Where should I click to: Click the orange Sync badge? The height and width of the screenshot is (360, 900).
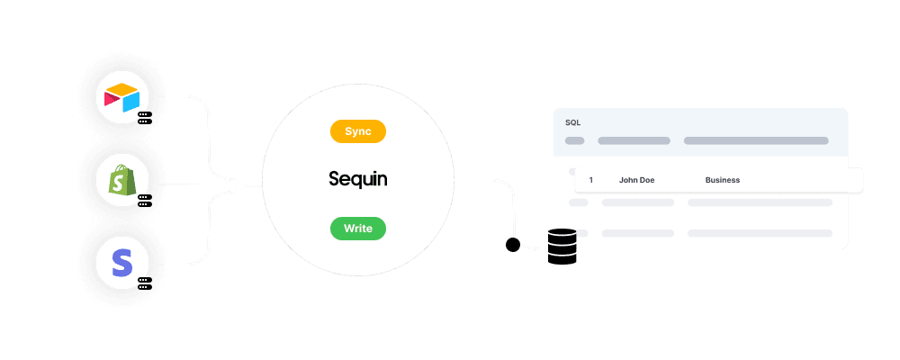pyautogui.click(x=358, y=131)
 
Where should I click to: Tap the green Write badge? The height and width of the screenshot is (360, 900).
pyautogui.click(x=358, y=229)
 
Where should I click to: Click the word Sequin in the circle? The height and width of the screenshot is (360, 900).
pyautogui.click(x=358, y=180)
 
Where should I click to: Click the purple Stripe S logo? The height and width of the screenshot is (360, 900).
pyautogui.click(x=121, y=264)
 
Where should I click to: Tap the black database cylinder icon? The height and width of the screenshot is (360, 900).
pyautogui.click(x=562, y=247)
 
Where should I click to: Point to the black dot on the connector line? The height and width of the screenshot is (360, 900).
pyautogui.click(x=513, y=245)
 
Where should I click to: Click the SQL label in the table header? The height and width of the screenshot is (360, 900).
pyautogui.click(x=572, y=121)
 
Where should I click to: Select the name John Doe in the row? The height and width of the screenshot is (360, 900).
pyautogui.click(x=636, y=180)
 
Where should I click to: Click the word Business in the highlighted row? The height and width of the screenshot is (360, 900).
pyautogui.click(x=722, y=180)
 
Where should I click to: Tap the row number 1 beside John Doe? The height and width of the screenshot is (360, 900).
pyautogui.click(x=590, y=180)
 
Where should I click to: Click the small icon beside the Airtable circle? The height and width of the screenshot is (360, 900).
pyautogui.click(x=142, y=118)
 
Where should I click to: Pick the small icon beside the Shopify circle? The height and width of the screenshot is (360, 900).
pyautogui.click(x=142, y=201)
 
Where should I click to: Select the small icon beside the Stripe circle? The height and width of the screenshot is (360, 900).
pyautogui.click(x=142, y=283)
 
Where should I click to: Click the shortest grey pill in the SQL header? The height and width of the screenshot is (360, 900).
pyautogui.click(x=574, y=141)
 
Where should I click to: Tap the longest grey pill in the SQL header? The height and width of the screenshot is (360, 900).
pyautogui.click(x=756, y=141)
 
